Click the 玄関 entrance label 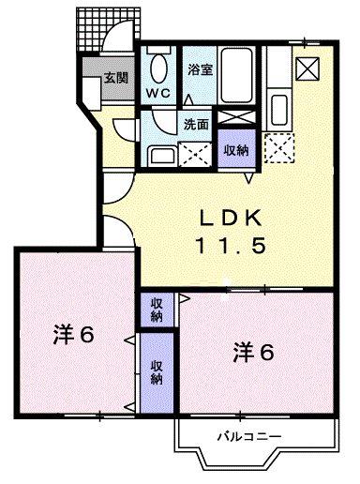115,78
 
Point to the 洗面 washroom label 195,123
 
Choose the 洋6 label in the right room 253,353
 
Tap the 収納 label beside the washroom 234,148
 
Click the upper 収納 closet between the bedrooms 156,309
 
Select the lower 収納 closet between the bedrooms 156,372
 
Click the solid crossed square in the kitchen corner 306,68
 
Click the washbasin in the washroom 163,156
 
